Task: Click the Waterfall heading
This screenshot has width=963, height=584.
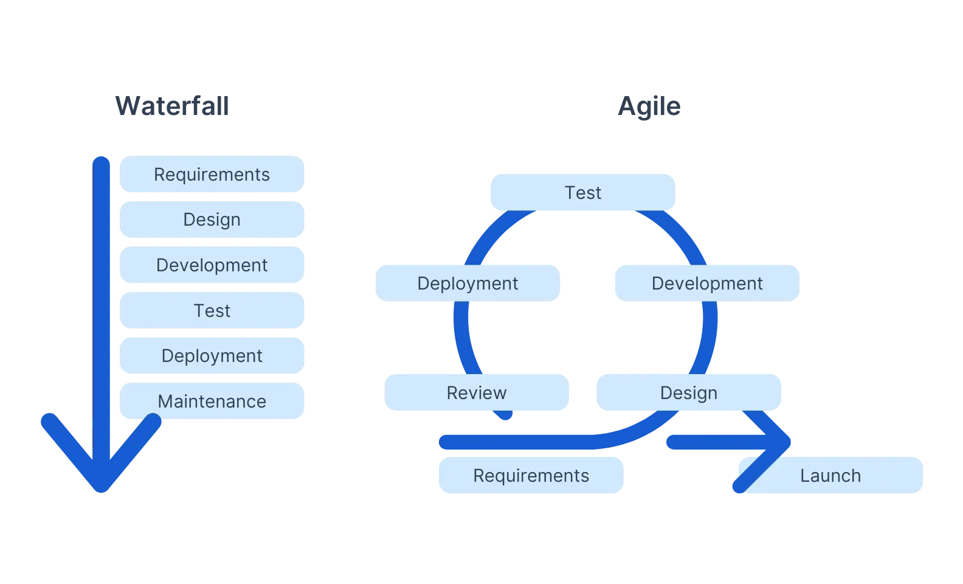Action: point(173,106)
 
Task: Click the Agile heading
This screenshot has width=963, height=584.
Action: point(649,106)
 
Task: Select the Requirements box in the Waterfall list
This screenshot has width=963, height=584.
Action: point(212,175)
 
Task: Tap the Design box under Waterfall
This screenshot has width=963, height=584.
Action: point(212,220)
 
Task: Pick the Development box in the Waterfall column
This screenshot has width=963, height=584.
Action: point(212,265)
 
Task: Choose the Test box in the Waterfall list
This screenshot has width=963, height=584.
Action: point(212,311)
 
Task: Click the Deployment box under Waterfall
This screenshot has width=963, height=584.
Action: point(212,356)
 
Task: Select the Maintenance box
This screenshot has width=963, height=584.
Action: point(212,401)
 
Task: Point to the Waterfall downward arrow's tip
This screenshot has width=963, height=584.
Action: point(102,487)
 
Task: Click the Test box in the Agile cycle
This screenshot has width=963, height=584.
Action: point(582,193)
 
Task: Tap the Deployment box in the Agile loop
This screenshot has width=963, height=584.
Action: point(468,283)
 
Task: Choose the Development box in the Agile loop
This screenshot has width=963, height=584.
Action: point(707,283)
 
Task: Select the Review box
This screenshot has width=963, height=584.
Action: point(477,393)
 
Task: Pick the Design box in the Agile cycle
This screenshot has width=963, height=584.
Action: point(689,393)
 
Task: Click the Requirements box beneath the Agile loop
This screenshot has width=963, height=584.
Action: point(531,476)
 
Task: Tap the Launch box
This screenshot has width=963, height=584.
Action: point(830,476)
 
